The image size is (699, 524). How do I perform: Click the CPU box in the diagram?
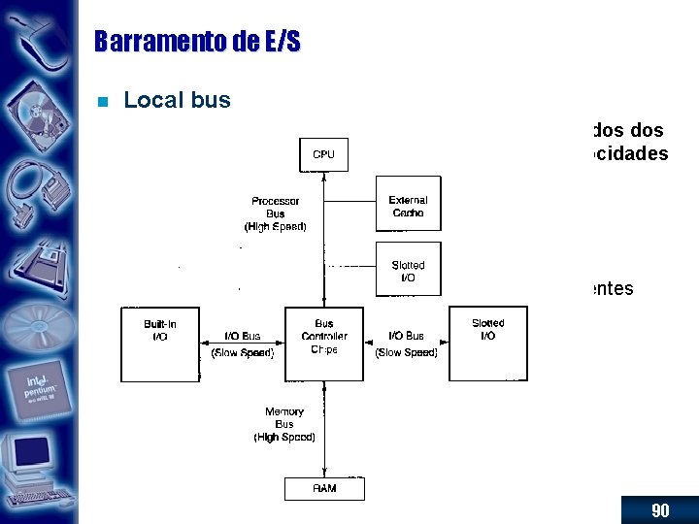click(x=323, y=154)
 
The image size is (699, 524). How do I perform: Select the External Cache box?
click(x=408, y=204)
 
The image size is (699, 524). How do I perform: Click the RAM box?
click(x=324, y=488)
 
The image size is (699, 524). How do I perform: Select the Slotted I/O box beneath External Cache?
click(x=408, y=270)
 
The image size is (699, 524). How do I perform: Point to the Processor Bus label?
click(x=275, y=207)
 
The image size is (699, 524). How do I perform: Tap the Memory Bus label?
click(x=284, y=418)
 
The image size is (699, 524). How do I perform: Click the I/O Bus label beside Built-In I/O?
click(x=243, y=337)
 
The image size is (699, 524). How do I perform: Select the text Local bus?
click(x=178, y=100)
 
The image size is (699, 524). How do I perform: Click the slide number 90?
click(x=660, y=510)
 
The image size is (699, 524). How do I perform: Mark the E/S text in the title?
click(x=282, y=42)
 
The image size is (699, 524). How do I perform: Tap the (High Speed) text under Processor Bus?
click(x=275, y=227)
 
